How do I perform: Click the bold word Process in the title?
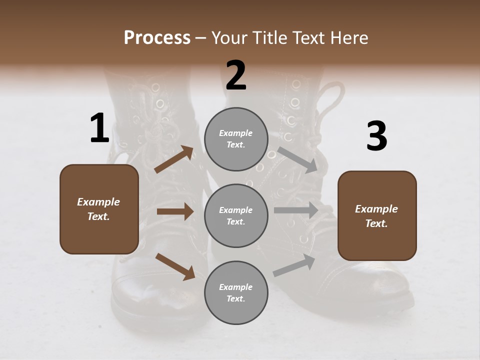click(157, 38)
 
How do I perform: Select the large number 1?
click(99, 128)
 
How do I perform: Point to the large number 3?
click(376, 136)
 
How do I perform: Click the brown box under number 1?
click(99, 209)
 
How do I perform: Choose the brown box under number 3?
click(377, 216)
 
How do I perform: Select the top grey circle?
click(236, 139)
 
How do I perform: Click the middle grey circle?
click(236, 215)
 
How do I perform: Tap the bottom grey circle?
click(236, 292)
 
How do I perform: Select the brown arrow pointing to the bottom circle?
click(175, 266)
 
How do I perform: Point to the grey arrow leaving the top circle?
click(297, 159)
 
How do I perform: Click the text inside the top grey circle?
click(236, 139)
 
